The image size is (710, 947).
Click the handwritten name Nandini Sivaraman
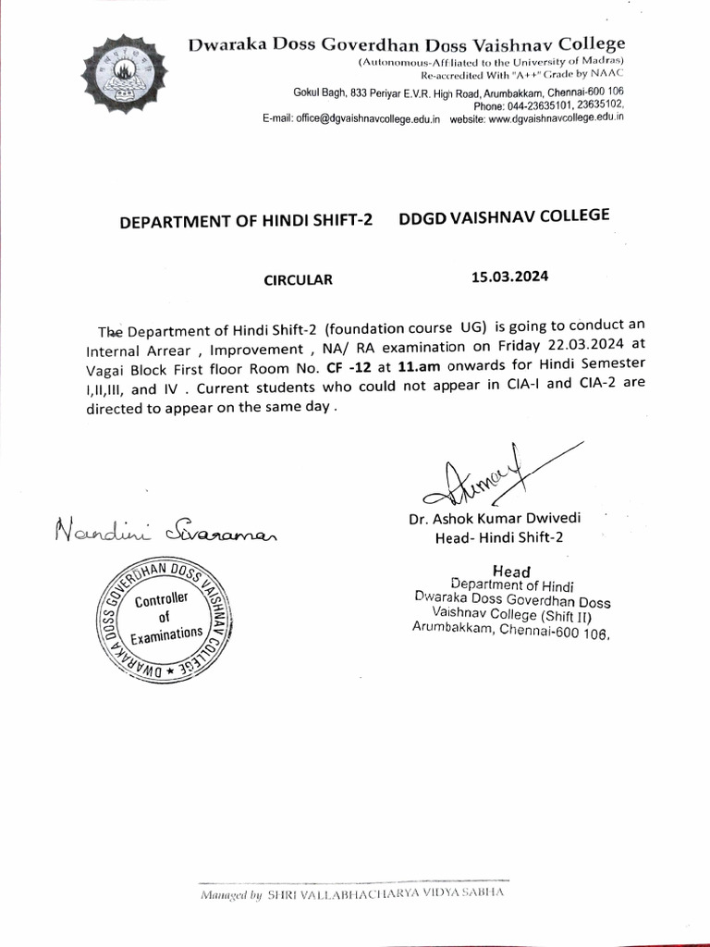tap(166, 533)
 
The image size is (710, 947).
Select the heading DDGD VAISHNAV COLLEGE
tap(504, 216)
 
